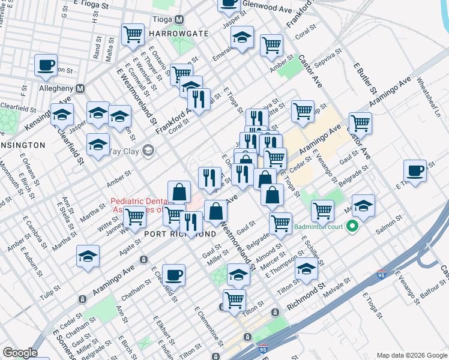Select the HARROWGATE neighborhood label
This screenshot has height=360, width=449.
pos(162,33)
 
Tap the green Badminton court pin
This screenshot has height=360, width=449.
pos(352,227)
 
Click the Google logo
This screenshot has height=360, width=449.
pos(20,353)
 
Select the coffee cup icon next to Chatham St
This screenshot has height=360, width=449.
pos(173,274)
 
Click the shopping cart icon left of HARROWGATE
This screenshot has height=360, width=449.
pos(132,34)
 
